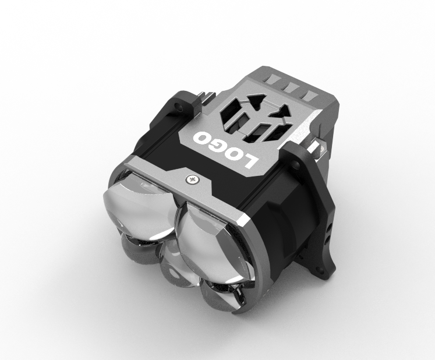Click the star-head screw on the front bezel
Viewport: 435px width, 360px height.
click(x=191, y=179)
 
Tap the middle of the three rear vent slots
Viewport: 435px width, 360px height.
click(x=291, y=87)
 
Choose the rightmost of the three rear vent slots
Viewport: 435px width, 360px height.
click(x=309, y=95)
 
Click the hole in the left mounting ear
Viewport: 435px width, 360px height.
click(x=177, y=106)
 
